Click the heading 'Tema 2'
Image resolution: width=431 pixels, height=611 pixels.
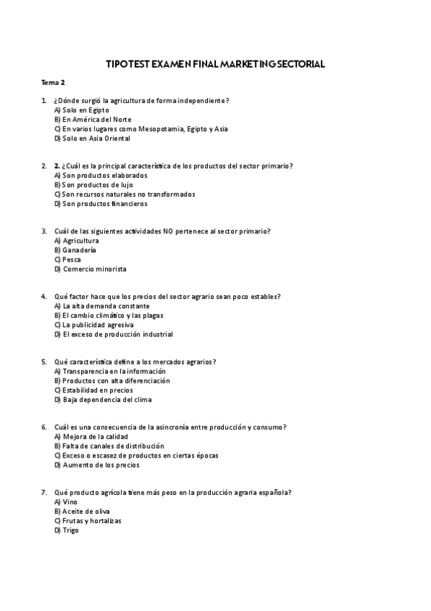53,84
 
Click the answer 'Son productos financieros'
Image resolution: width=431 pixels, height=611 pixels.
104,203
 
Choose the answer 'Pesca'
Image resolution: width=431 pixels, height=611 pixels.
71,259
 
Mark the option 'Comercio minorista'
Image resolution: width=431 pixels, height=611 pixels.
94,269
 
